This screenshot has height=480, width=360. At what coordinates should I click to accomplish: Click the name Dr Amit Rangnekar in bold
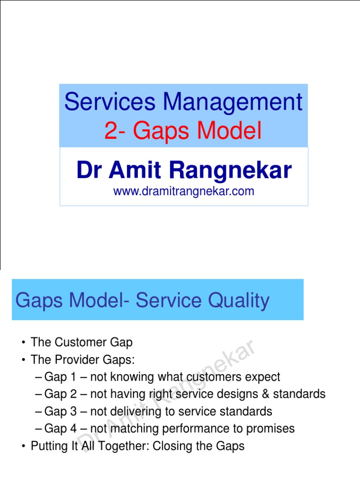184,170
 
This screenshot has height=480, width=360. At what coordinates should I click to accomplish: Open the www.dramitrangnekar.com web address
184,191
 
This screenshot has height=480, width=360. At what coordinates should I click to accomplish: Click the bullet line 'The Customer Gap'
82,342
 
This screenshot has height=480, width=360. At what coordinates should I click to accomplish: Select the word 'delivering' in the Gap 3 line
136,412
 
